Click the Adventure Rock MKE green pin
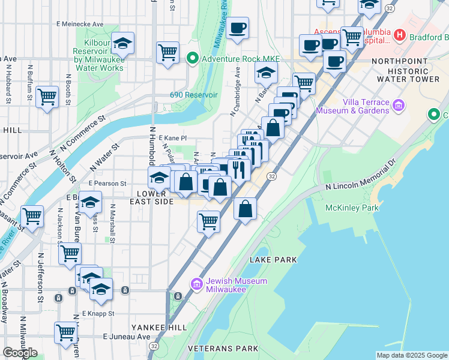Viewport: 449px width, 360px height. (193, 59)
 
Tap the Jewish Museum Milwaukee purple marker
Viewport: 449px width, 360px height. (196, 284)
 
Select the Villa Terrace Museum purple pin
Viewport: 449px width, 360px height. (398, 107)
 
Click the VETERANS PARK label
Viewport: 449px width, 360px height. (223, 349)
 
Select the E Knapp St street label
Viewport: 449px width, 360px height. (98, 313)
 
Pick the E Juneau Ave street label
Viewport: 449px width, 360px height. (127, 337)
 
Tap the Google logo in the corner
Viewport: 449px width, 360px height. (20, 353)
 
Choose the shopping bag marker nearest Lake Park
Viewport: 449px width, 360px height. (246, 209)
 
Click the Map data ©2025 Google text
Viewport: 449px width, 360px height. (412, 355)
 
